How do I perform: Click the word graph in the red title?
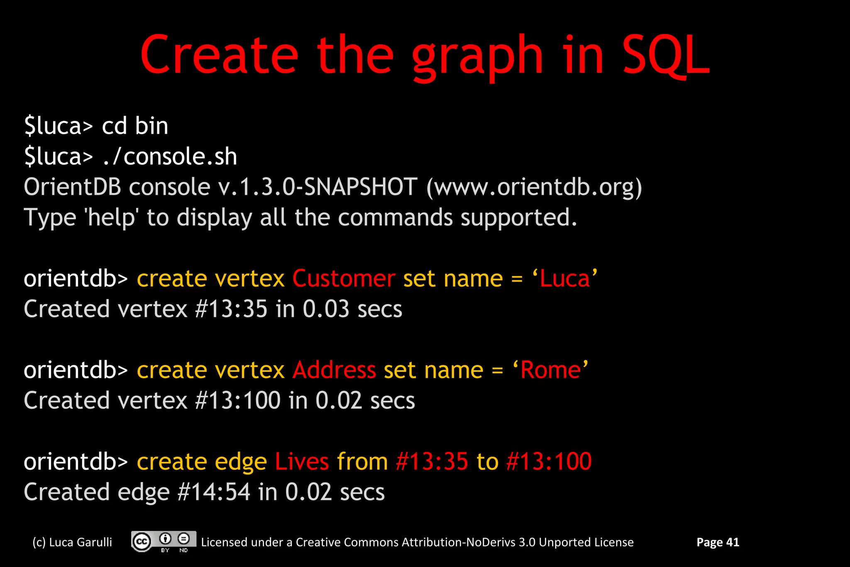point(477,58)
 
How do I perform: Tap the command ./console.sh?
point(170,157)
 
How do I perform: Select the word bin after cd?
point(151,126)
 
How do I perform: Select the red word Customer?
point(344,278)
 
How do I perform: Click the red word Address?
point(334,370)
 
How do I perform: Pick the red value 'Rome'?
point(550,370)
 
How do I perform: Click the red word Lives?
point(302,461)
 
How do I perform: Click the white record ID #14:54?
point(214,492)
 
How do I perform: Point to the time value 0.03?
point(326,309)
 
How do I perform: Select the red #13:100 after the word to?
point(549,461)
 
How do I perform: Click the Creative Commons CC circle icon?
point(142,542)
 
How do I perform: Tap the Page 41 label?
point(718,542)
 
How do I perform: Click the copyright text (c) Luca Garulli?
point(72,542)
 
